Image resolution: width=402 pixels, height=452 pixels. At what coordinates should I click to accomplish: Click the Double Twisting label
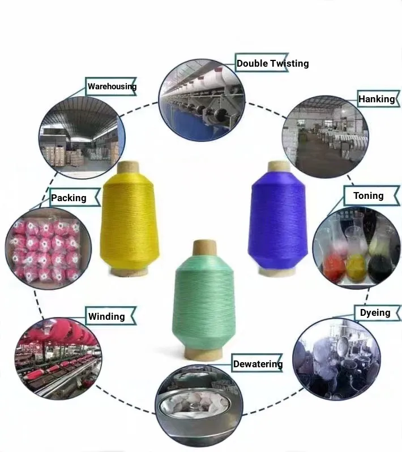pyautogui.click(x=272, y=63)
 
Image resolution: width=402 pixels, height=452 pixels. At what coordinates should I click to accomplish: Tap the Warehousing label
pyautogui.click(x=112, y=87)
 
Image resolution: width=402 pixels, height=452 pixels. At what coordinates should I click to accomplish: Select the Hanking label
pyautogui.click(x=377, y=99)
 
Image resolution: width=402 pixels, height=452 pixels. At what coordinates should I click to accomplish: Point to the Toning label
pyautogui.click(x=368, y=196)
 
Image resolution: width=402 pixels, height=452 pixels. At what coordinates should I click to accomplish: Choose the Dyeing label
pyautogui.click(x=375, y=312)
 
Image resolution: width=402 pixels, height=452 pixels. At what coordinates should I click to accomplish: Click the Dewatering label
pyautogui.click(x=258, y=364)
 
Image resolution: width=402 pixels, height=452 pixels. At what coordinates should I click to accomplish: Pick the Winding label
pyautogui.click(x=106, y=316)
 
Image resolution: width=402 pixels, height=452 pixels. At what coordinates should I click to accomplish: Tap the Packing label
pyautogui.click(x=69, y=198)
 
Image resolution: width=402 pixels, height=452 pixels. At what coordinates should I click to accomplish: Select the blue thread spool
pyautogui.click(x=277, y=220)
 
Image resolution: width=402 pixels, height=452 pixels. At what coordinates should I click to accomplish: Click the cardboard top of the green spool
pyautogui.click(x=204, y=248)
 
